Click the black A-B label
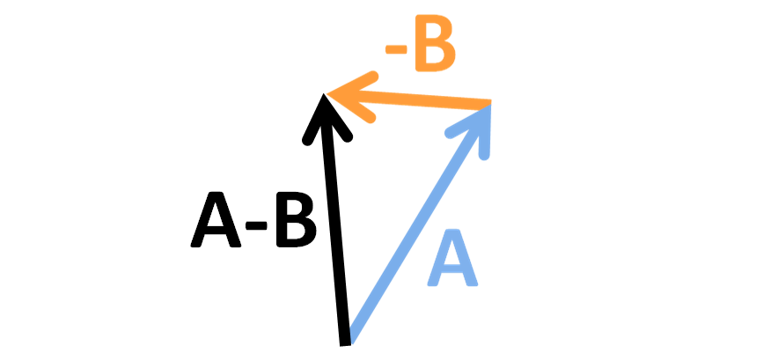253,222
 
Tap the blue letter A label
454,261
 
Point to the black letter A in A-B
217,222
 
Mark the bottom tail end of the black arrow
344,339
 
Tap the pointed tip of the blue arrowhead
489,105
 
